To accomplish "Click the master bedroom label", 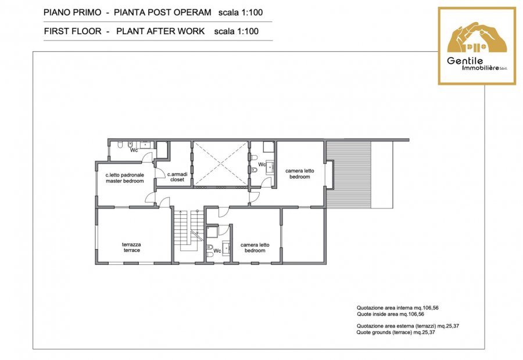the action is pyautogui.click(x=125, y=178).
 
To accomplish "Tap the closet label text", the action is pyautogui.click(x=177, y=177).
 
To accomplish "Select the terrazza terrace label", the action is pyautogui.click(x=132, y=247).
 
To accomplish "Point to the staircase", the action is pyautogui.click(x=188, y=235).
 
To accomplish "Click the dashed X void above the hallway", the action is pyautogui.click(x=221, y=163).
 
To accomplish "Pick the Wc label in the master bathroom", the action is pyautogui.click(x=134, y=150).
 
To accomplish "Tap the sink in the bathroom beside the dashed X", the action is pyautogui.click(x=270, y=166).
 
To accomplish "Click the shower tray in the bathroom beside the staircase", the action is pyautogui.click(x=212, y=232).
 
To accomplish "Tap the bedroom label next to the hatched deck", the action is pyautogui.click(x=299, y=174).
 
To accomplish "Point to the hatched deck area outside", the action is pyautogui.click(x=349, y=174).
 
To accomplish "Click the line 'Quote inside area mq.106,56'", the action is pyautogui.click(x=391, y=314).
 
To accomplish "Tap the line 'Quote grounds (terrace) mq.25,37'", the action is pyautogui.click(x=396, y=332).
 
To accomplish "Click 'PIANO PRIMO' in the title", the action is pyautogui.click(x=73, y=13).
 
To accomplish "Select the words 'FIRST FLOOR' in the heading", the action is pyautogui.click(x=73, y=31).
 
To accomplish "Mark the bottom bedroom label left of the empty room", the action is pyautogui.click(x=255, y=248).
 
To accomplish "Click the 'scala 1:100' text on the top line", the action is pyautogui.click(x=241, y=13).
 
